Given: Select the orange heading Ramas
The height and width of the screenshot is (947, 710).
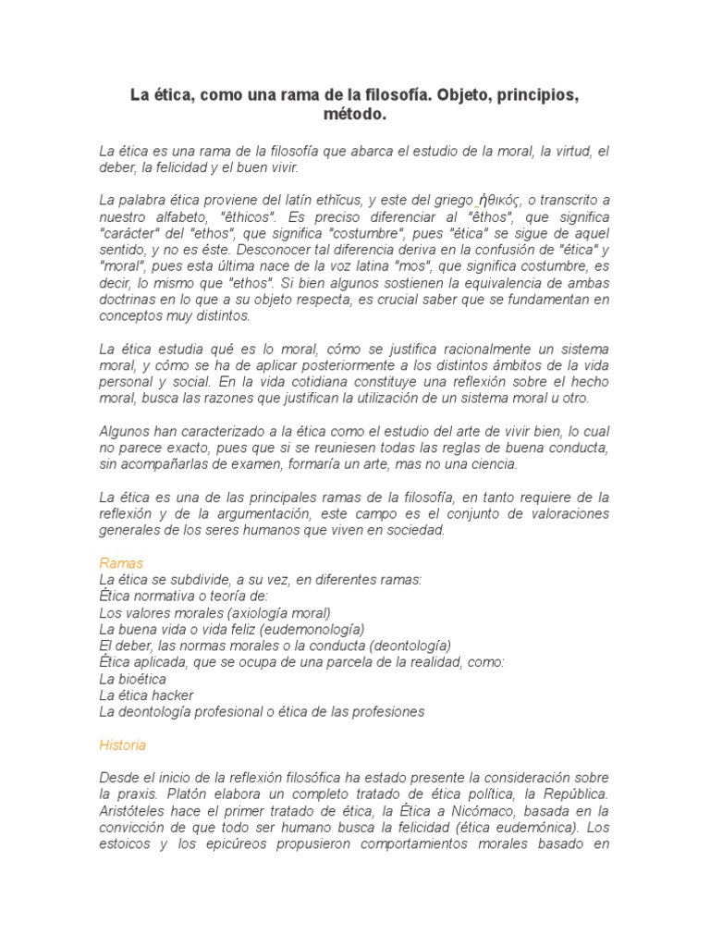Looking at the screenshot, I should (x=120, y=562).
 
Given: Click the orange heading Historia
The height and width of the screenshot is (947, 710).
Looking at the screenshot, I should (x=122, y=744).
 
